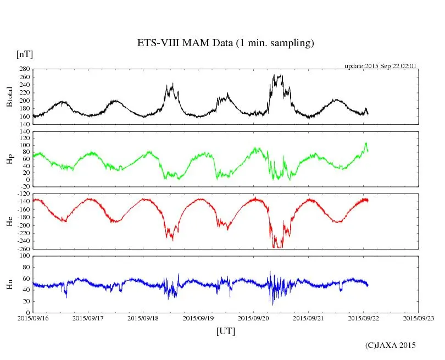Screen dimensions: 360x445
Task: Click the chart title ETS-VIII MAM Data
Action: coord(225,43)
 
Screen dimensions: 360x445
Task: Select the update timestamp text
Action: coord(380,66)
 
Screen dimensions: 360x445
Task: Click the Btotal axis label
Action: coord(9,96)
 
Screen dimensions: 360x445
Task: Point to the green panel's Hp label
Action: coord(9,159)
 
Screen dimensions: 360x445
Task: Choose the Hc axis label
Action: coord(9,221)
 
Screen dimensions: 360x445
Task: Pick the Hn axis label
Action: coord(9,284)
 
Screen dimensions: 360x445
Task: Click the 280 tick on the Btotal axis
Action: coord(24,69)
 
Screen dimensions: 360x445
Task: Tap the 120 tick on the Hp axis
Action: coord(24,131)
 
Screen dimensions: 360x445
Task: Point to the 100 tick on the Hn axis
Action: coord(24,256)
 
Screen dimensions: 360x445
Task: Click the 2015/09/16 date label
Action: coord(33,318)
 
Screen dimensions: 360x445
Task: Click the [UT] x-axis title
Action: coord(226,331)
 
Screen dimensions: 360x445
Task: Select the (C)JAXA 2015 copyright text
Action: coord(390,345)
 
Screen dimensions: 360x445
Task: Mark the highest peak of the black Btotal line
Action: coord(281,75)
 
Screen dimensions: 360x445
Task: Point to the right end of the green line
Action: coord(368,151)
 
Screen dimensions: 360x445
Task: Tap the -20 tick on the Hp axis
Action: coord(24,187)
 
